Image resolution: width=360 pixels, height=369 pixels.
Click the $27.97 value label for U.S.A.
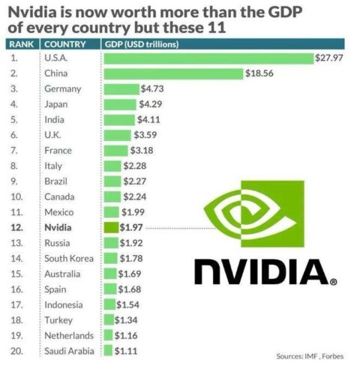click(329, 58)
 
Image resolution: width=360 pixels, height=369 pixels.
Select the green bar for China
click(172, 73)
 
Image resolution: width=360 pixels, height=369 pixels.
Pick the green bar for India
click(118, 119)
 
